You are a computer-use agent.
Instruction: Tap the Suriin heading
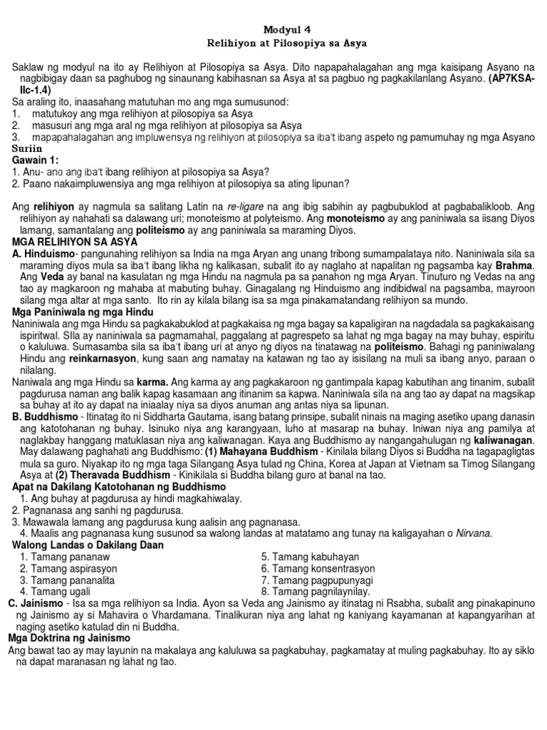tap(29, 148)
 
